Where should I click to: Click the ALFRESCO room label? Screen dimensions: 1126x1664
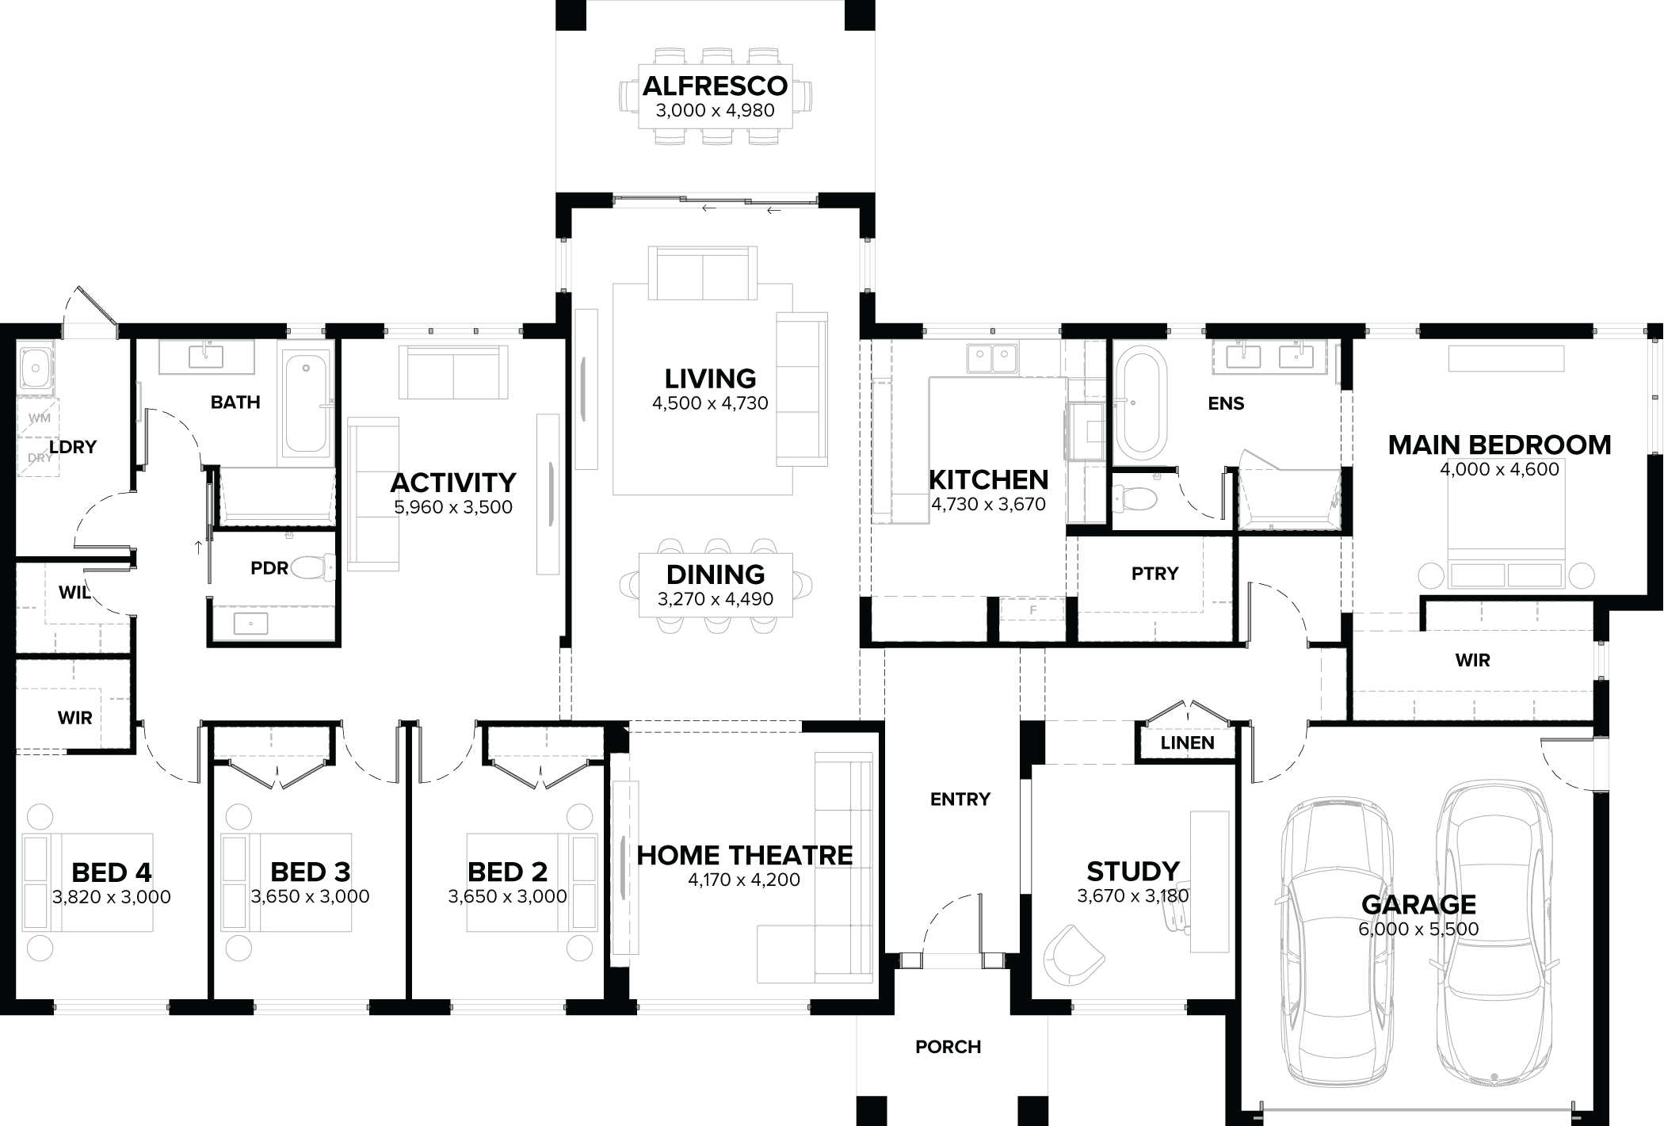(x=715, y=86)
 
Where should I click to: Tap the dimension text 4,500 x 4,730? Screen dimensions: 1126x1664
(x=710, y=403)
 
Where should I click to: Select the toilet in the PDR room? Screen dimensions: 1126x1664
(x=315, y=567)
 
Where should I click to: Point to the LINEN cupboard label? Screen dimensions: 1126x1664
(x=1187, y=742)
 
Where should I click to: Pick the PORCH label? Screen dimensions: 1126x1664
(x=948, y=1047)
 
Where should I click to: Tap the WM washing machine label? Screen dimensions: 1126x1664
(x=38, y=417)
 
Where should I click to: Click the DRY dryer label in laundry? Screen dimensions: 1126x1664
(x=38, y=458)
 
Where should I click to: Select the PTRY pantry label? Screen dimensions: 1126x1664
(x=1154, y=573)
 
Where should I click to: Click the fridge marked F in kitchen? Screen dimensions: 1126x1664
(x=1032, y=611)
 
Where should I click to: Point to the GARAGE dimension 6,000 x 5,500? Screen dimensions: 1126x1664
(x=1418, y=929)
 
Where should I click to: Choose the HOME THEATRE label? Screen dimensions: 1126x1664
(x=744, y=855)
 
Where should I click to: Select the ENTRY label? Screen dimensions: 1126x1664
(x=960, y=799)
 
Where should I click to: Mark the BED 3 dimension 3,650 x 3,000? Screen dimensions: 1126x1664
(x=310, y=897)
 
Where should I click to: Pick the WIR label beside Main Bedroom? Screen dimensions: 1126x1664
(x=1472, y=660)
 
